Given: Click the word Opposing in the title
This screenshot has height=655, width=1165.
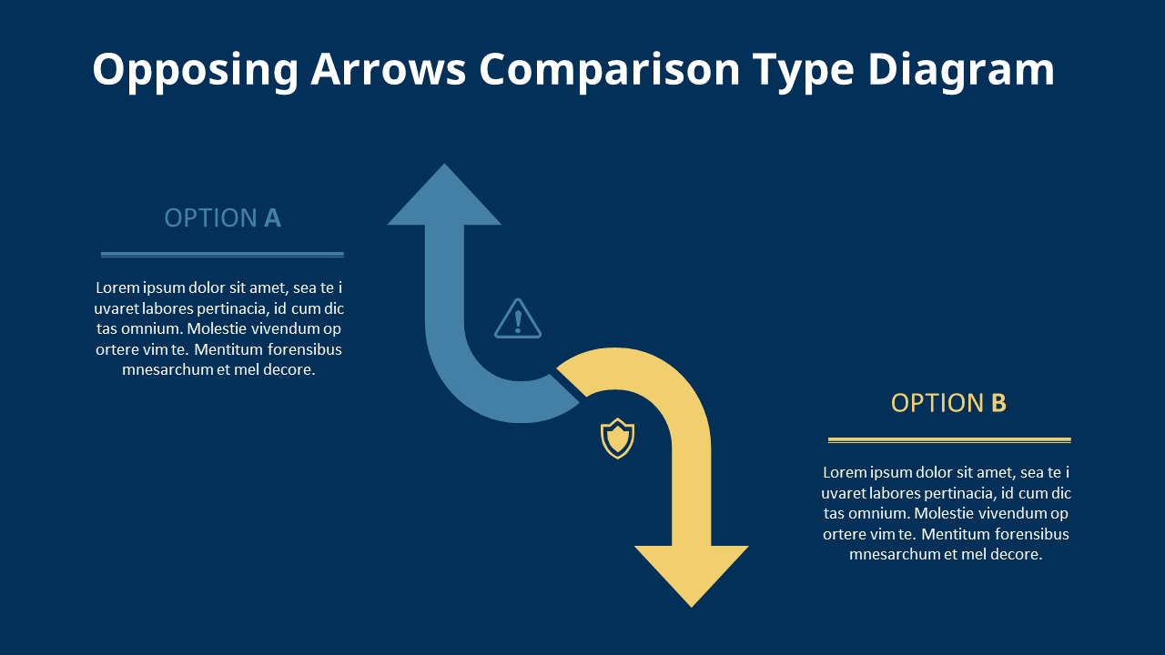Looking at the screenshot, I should pyautogui.click(x=196, y=70).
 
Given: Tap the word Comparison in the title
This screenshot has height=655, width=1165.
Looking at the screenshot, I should pyautogui.click(x=610, y=70).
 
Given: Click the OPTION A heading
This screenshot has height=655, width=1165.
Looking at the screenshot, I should pyautogui.click(x=222, y=218).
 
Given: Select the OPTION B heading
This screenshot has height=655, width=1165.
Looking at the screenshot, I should pyautogui.click(x=948, y=403).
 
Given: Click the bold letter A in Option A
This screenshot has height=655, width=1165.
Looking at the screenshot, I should pyautogui.click(x=272, y=218).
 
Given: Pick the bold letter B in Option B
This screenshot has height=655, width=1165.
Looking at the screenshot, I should pyautogui.click(x=998, y=403).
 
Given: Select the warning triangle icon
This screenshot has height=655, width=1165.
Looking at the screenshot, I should pyautogui.click(x=518, y=319).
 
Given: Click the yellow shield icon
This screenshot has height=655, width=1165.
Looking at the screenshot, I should pyautogui.click(x=617, y=438).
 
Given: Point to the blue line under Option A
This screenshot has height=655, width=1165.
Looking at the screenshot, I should pyautogui.click(x=222, y=255).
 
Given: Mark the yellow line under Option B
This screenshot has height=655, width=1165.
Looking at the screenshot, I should pyautogui.click(x=949, y=440).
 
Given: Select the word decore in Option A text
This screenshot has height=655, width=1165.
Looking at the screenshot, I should pyautogui.click(x=289, y=370).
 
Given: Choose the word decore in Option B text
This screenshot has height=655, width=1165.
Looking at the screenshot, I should pyautogui.click(x=1016, y=554).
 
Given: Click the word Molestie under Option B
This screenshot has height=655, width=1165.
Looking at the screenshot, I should pyautogui.click(x=913, y=513).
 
